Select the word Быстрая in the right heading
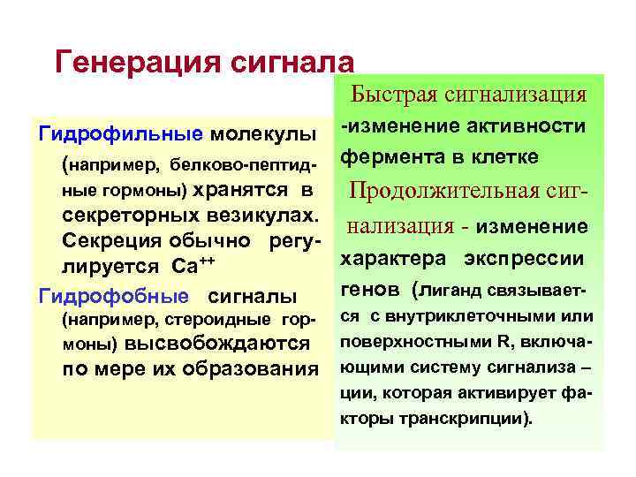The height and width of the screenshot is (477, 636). tap(395, 95)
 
